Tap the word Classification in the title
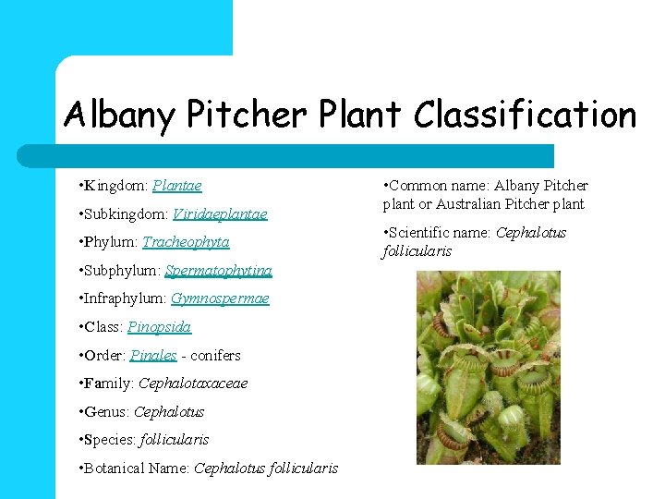pyautogui.click(x=525, y=116)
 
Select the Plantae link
pyautogui.click(x=177, y=186)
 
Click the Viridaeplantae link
pyautogui.click(x=220, y=214)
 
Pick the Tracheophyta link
pyautogui.click(x=186, y=242)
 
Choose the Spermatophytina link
pyautogui.click(x=218, y=271)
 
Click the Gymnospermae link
pyautogui.click(x=220, y=298)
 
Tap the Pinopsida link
pyautogui.click(x=160, y=327)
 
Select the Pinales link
pyautogui.click(x=153, y=356)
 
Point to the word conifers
pyautogui.click(x=215, y=356)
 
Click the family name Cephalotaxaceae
pyautogui.click(x=193, y=383)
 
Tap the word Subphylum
pyautogui.click(x=124, y=271)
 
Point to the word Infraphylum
pyautogui.click(x=127, y=298)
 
